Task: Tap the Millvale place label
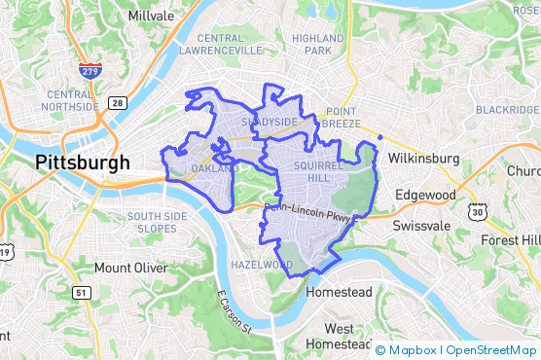[x=152, y=17]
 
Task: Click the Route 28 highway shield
[x=117, y=102]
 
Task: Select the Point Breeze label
[x=342, y=117]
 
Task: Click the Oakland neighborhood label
[x=214, y=169]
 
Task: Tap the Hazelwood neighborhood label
[x=261, y=265]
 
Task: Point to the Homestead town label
[x=339, y=292]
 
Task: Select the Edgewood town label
[x=425, y=195]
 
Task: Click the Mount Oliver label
[x=130, y=268]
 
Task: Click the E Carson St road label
[x=234, y=312]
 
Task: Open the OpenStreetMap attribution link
[x=490, y=349]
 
